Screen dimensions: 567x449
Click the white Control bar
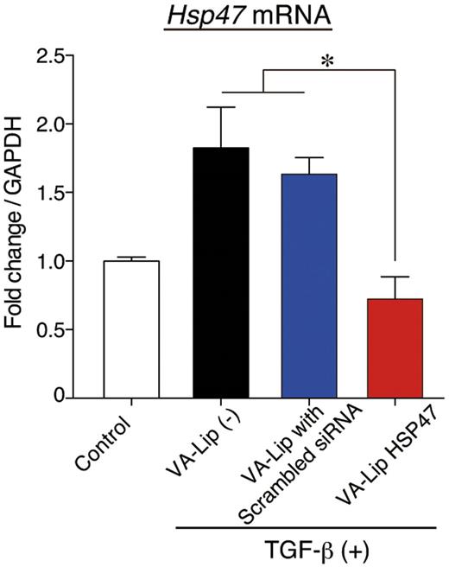(x=131, y=329)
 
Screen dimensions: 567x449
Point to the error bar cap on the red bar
(x=395, y=277)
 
